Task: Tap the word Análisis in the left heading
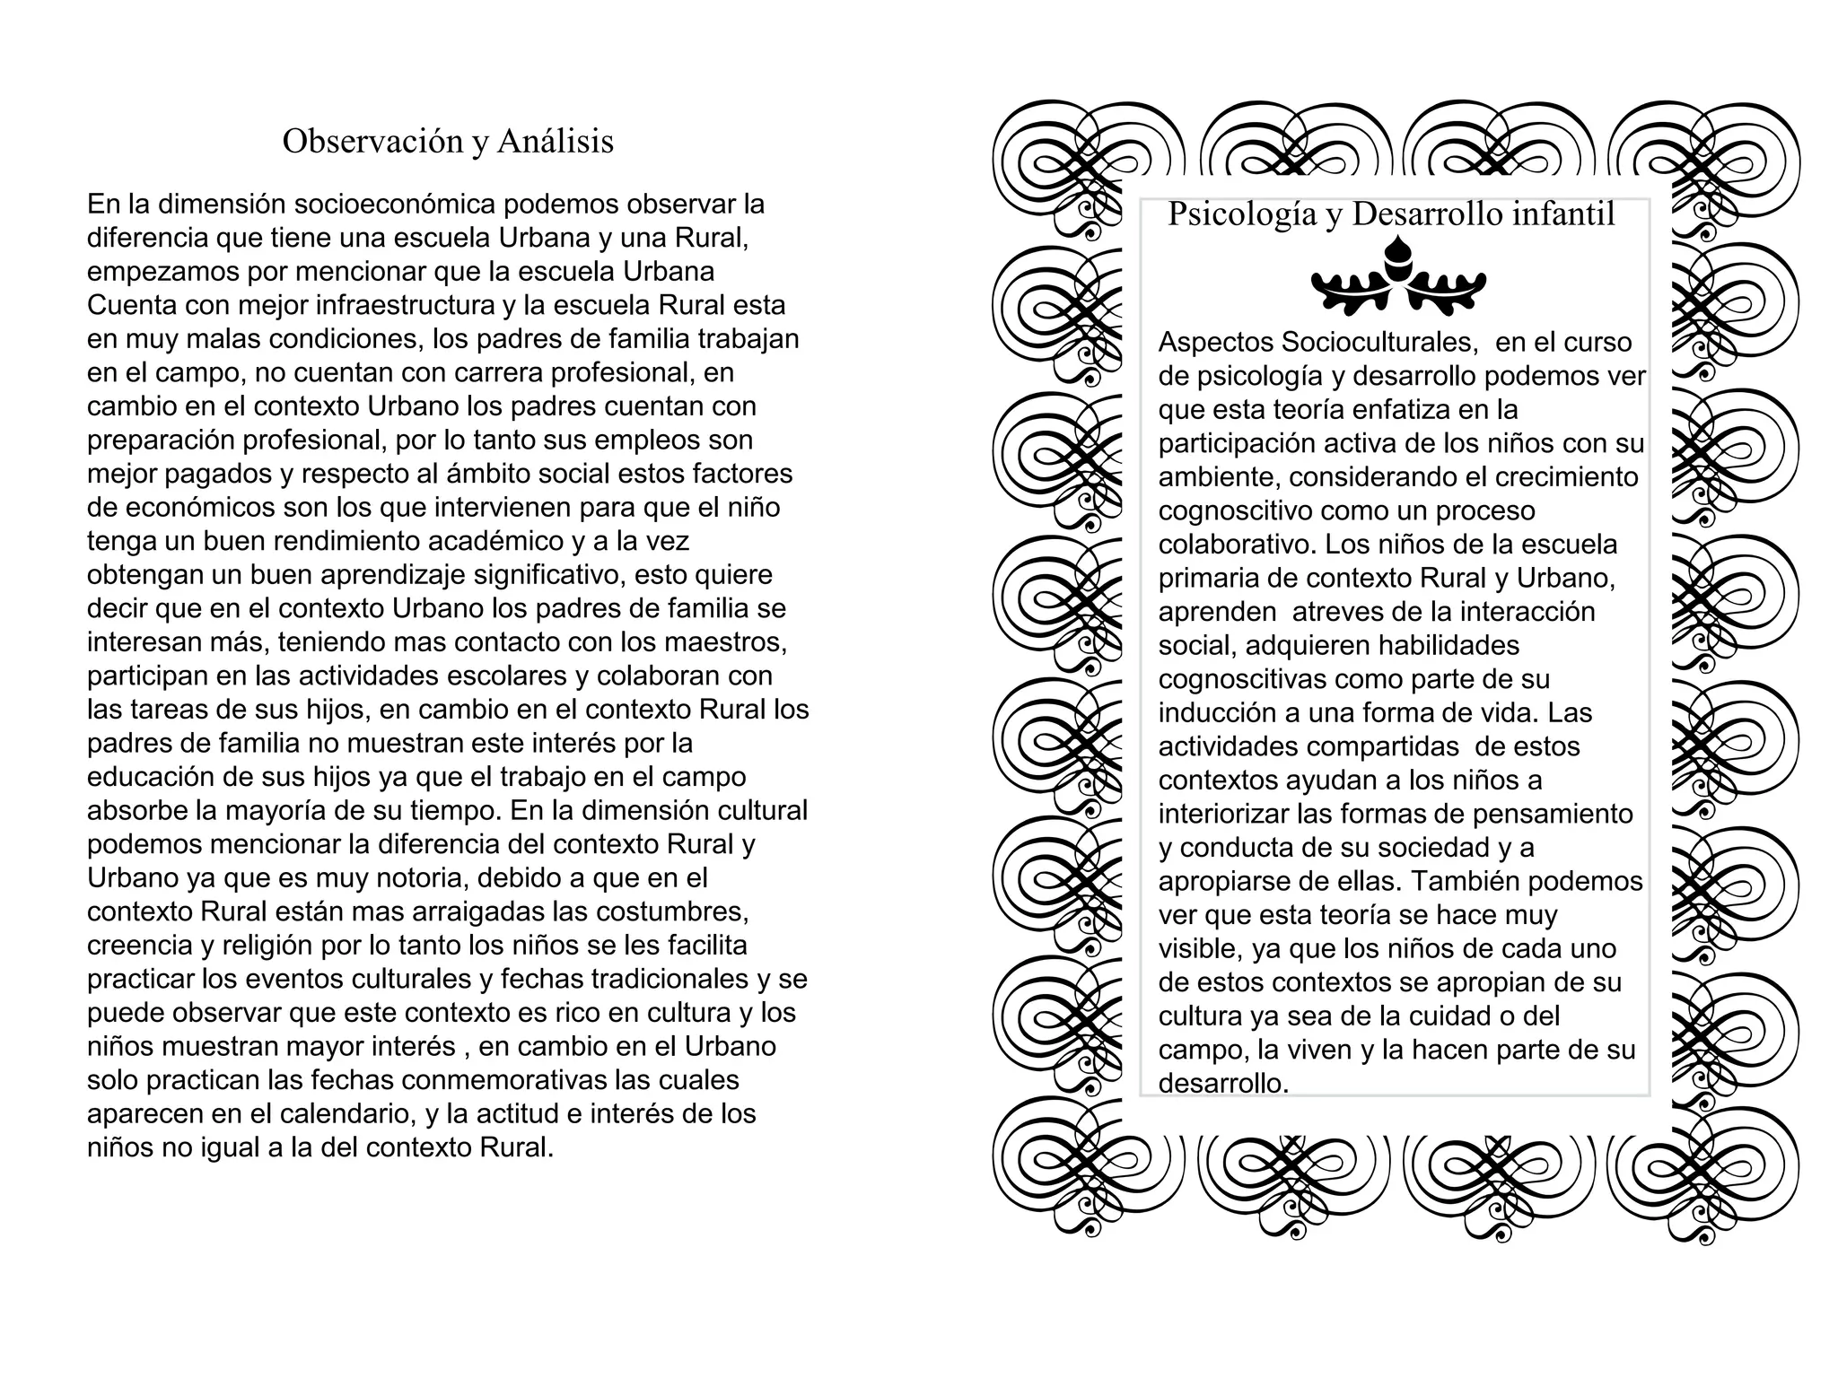tap(555, 141)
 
